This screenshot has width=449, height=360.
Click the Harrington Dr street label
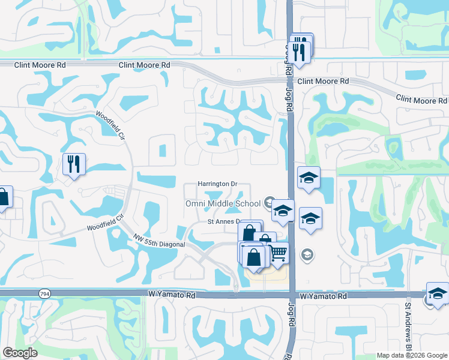coord(218,184)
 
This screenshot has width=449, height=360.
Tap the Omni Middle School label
coord(222,203)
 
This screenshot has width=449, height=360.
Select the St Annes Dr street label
coord(223,222)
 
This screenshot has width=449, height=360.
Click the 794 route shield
coord(44,295)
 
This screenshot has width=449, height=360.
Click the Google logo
coord(20,353)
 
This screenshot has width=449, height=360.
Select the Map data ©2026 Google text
coord(411,355)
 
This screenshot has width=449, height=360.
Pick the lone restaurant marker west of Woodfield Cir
coord(74,164)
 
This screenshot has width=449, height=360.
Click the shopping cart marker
coord(277,253)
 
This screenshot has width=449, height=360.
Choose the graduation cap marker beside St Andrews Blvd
coord(437,294)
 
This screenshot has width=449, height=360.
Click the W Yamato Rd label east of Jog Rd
coord(324,296)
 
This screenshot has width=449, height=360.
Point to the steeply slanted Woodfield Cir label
coord(108,125)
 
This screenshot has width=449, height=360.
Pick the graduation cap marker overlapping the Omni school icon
coord(283,211)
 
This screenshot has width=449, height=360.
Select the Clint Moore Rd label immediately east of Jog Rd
coord(323,81)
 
